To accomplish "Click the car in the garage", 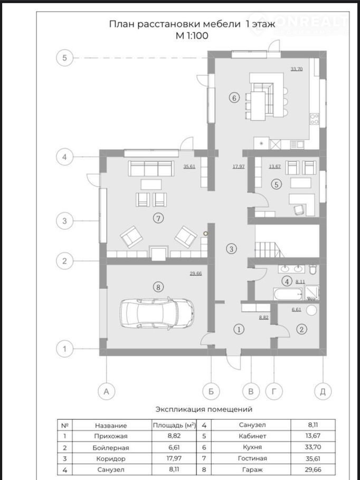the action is pos(157,313).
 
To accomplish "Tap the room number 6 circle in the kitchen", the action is pos(234,98).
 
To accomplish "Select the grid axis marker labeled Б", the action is pos(211,391).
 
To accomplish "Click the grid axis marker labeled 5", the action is pos(64,58).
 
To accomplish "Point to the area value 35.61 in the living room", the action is pos(190,167).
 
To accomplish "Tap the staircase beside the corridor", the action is pos(266,249).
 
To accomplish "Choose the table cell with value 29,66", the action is pos(312,469).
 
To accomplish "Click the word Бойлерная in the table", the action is pos(111,447).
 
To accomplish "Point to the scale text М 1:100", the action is pos(192,35).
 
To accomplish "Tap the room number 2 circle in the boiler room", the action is pos(301,329).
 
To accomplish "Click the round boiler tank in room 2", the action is pos(311,310).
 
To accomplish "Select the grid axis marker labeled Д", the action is pos(323,391).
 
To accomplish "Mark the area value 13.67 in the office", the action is pos(275,167).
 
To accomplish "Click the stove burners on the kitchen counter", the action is pos(315,119).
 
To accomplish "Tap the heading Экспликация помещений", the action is pos(204,409).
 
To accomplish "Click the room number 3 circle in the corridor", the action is pos(231,249).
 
